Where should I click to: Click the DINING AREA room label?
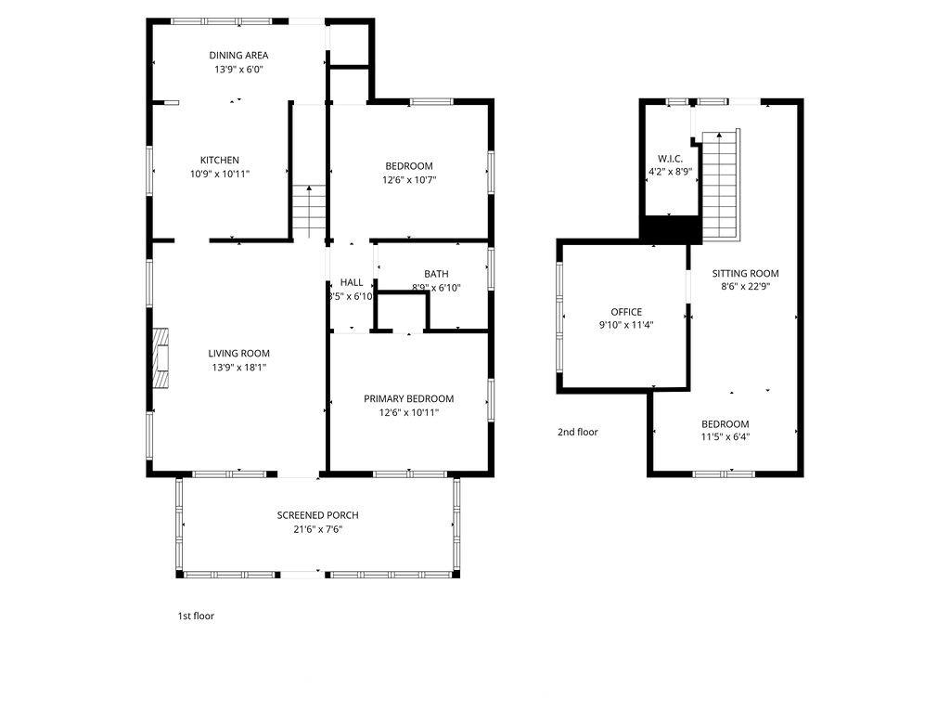pyautogui.click(x=238, y=55)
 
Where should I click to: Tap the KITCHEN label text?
pyautogui.click(x=220, y=160)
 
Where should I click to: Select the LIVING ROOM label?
pyautogui.click(x=238, y=354)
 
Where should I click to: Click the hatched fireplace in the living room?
pyautogui.click(x=160, y=357)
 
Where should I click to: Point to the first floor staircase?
pyautogui.click(x=309, y=212)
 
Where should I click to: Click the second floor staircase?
pyautogui.click(x=721, y=185)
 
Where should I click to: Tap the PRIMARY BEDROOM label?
pyautogui.click(x=409, y=399)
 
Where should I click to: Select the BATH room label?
pyautogui.click(x=436, y=274)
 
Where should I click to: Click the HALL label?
pyautogui.click(x=352, y=282)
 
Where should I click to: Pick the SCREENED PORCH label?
pyautogui.click(x=317, y=515)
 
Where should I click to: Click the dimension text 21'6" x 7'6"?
pyautogui.click(x=317, y=529)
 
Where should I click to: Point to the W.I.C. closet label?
pyautogui.click(x=670, y=159)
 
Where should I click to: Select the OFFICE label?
pyautogui.click(x=626, y=312)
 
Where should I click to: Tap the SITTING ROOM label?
pyautogui.click(x=745, y=274)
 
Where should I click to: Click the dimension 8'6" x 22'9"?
pyautogui.click(x=745, y=288)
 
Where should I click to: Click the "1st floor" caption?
pyautogui.click(x=196, y=616)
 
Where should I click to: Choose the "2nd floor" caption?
pyautogui.click(x=577, y=432)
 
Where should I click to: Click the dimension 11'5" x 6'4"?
pyautogui.click(x=725, y=437)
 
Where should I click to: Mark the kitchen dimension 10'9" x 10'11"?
pyautogui.click(x=220, y=174)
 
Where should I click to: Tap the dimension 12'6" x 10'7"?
pyautogui.click(x=409, y=180)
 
